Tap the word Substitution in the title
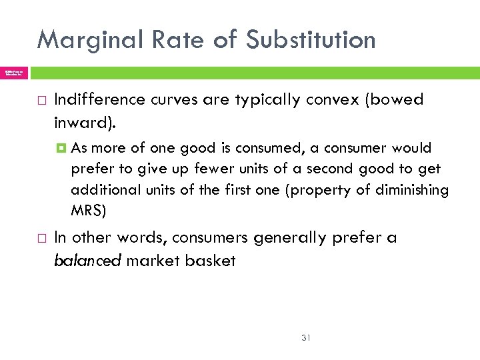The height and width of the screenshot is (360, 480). click(310, 40)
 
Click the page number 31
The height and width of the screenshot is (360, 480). click(306, 337)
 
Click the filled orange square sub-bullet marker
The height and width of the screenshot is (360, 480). click(59, 148)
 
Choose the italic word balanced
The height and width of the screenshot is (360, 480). click(87, 261)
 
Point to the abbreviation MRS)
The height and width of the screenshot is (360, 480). click(88, 211)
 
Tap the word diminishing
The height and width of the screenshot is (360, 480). click(410, 190)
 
